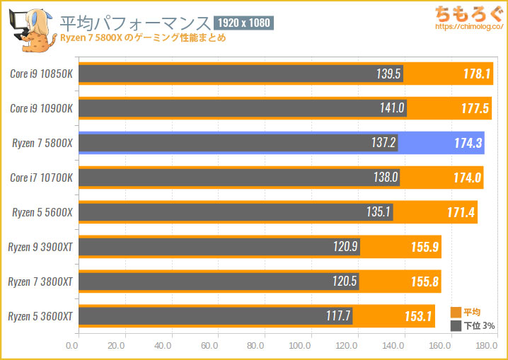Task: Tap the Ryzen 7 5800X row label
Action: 42,144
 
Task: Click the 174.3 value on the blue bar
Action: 468,144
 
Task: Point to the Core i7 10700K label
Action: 42,178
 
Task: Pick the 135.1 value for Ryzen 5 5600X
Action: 379,212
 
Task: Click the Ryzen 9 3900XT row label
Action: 40,247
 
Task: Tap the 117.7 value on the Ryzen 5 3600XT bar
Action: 338,316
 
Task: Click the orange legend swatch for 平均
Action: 455,312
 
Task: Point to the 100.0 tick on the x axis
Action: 301,347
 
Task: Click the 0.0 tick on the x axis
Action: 71,347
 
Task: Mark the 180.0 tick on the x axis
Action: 485,347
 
